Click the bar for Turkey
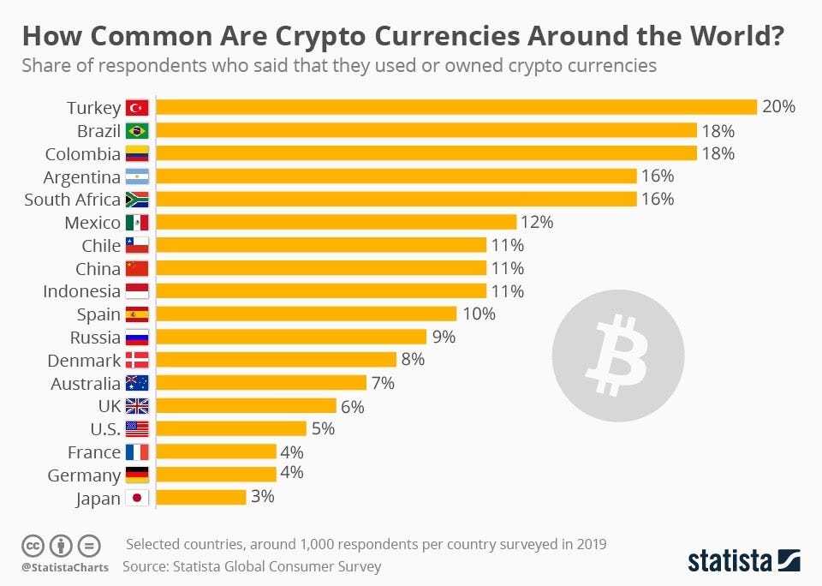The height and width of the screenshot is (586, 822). tap(456, 107)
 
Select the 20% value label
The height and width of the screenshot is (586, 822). tap(779, 107)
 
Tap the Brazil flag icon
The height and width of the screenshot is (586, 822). tap(137, 131)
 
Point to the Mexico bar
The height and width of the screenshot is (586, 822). tap(337, 222)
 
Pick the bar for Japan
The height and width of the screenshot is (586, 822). tap(201, 497)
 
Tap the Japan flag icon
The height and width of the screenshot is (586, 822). tap(137, 498)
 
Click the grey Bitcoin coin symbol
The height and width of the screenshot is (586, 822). tap(617, 355)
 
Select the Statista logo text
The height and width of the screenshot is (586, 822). tap(730, 561)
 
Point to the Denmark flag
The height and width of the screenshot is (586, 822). tap(137, 360)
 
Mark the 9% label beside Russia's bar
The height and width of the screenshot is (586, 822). tap(443, 337)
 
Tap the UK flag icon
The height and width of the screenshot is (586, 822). tap(137, 406)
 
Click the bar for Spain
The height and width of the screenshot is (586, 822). tap(307, 314)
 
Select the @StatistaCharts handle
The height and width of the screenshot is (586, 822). tap(59, 566)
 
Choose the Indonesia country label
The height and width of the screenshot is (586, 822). tap(82, 291)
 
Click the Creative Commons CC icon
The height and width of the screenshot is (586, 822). tap(33, 545)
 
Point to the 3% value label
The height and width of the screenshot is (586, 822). tap(262, 497)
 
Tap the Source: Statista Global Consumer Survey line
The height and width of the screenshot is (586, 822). tap(252, 566)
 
